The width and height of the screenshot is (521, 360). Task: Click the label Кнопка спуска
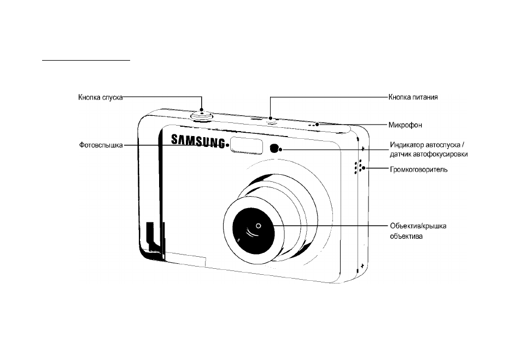click(101, 97)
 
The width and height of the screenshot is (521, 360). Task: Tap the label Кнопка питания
click(413, 97)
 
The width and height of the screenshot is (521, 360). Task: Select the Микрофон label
click(405, 125)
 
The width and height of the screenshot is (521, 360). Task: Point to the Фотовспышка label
click(101, 145)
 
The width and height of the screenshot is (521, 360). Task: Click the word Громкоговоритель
click(419, 170)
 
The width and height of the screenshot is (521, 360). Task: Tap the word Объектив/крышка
click(418, 226)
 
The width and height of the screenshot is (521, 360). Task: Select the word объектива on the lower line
click(406, 237)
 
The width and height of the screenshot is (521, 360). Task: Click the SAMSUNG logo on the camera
click(198, 140)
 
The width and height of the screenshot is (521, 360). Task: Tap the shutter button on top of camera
click(202, 115)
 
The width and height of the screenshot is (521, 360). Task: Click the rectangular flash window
click(247, 145)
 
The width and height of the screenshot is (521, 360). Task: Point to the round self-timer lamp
click(274, 149)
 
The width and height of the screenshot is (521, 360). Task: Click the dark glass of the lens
click(253, 230)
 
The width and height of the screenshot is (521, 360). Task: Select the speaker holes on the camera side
click(359, 167)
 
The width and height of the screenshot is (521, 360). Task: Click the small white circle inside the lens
click(259, 226)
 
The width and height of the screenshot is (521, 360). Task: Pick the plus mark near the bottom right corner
click(362, 265)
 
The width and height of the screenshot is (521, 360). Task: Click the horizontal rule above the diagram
click(86, 61)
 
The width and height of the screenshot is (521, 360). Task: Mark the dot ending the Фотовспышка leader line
click(227, 145)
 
